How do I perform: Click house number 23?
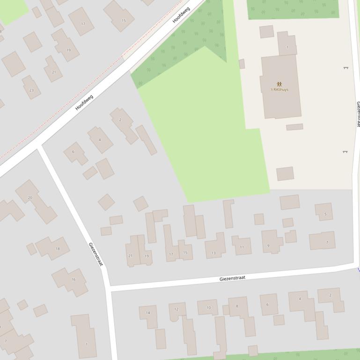31,90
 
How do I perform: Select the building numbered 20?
30,198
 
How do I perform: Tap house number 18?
58,249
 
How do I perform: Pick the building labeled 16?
73,280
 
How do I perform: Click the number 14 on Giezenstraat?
148,313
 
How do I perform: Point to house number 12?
176,309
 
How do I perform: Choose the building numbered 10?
209,308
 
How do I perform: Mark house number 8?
237,306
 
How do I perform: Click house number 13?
213,253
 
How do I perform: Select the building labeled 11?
242,247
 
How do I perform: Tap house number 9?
268,245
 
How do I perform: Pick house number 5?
325,215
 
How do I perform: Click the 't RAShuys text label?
279,90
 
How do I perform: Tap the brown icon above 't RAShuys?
279,84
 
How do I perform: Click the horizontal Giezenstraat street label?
232,278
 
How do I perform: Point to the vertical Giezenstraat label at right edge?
358,114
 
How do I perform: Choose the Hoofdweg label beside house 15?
181,14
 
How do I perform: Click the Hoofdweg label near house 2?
84,102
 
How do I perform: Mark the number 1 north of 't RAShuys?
287,47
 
